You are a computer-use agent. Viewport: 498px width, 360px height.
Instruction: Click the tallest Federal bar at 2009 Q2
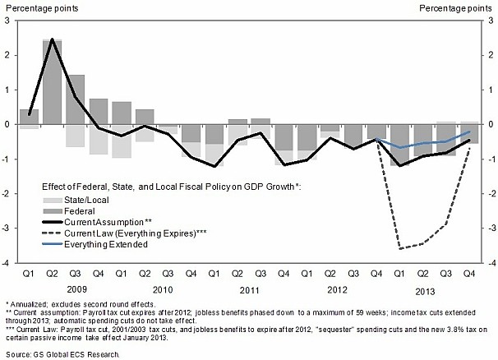click(x=53, y=82)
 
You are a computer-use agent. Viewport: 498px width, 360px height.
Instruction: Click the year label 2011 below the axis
click(x=248, y=289)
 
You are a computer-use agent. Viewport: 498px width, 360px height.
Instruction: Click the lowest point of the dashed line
click(x=399, y=247)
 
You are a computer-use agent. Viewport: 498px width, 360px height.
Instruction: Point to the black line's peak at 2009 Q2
click(x=53, y=39)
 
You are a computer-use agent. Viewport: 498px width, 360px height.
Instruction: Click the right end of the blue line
click(x=468, y=132)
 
